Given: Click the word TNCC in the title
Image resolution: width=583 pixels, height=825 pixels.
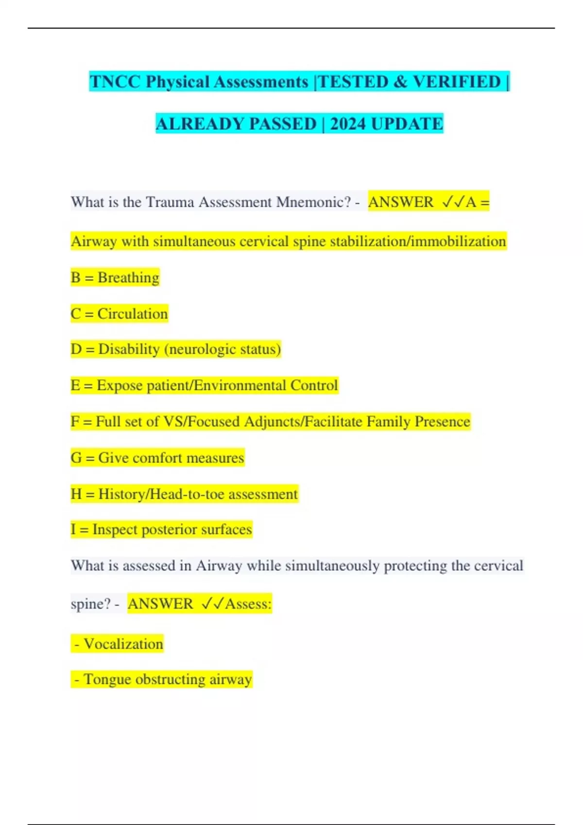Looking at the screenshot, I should pyautogui.click(x=115, y=82).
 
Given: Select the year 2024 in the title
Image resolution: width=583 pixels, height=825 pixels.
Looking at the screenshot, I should pyautogui.click(x=348, y=124).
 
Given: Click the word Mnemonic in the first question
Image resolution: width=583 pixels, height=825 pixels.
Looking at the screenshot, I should pyautogui.click(x=313, y=202).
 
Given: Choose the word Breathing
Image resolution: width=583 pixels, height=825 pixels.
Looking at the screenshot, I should pyautogui.click(x=128, y=278).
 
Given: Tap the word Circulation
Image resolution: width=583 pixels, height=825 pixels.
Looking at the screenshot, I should pyautogui.click(x=133, y=314).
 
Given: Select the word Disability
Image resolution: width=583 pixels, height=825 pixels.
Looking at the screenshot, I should pyautogui.click(x=129, y=349).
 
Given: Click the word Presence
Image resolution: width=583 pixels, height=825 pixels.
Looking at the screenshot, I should pyautogui.click(x=442, y=422).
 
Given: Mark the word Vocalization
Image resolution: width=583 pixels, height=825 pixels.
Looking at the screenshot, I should pyautogui.click(x=123, y=644).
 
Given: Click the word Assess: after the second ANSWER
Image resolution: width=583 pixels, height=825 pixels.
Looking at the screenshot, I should pyautogui.click(x=248, y=604).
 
